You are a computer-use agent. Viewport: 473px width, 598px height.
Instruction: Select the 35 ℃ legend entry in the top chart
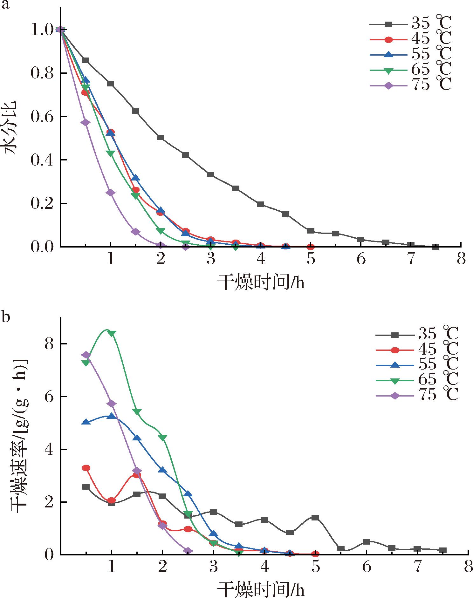point(410,24)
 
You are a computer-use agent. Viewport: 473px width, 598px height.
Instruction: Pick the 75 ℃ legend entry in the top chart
point(410,85)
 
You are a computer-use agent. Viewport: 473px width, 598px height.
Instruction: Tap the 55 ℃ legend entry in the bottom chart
point(416,365)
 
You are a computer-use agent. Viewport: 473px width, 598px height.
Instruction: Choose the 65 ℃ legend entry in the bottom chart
point(416,380)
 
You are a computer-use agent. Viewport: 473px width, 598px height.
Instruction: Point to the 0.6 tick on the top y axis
point(43,117)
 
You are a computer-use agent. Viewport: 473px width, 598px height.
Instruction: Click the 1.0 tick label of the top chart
point(43,30)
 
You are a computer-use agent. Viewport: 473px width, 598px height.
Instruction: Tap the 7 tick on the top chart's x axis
point(411,259)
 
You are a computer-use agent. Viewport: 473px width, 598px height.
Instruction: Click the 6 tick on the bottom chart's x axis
point(367,567)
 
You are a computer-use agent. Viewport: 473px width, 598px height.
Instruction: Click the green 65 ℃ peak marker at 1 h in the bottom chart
point(112,333)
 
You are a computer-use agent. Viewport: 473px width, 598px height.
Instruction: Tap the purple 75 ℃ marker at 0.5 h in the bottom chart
point(86,355)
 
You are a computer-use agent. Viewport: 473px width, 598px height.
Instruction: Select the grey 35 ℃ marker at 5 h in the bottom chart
point(315,518)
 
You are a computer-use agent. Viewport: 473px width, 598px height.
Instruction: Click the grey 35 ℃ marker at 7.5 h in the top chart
point(436,247)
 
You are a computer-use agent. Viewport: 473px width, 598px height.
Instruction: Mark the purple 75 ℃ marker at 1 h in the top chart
point(111,193)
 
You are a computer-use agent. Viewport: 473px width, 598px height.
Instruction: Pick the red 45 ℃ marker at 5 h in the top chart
point(311,247)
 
